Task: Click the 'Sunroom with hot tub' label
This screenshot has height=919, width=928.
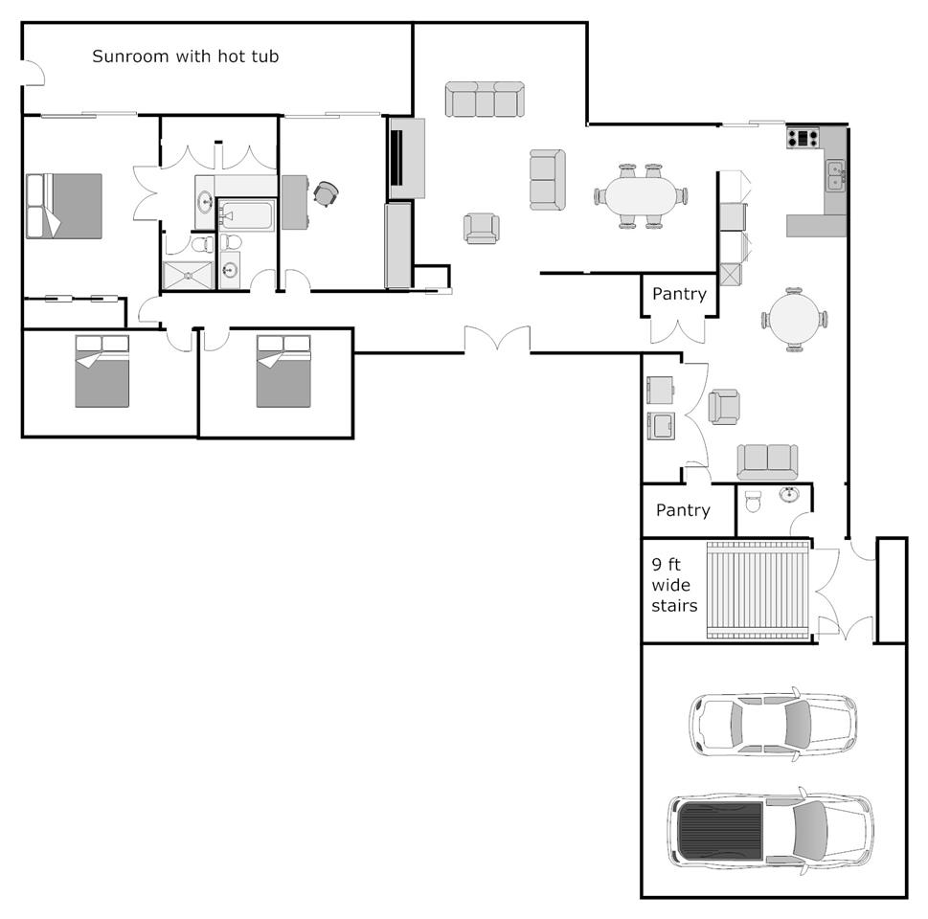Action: coord(185,56)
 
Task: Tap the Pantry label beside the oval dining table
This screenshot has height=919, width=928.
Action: coord(679,294)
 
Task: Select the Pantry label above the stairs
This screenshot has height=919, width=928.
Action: coord(683,510)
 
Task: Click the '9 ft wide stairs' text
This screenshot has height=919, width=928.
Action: coord(674,585)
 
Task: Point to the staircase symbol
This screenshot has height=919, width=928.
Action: coord(758,590)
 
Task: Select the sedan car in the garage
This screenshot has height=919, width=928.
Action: coord(773,724)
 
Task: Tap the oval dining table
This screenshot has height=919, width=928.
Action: coord(641,196)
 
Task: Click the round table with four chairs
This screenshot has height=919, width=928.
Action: coord(794,320)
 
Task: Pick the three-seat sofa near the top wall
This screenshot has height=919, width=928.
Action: coord(485,99)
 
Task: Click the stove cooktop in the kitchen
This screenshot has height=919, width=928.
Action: coord(803,138)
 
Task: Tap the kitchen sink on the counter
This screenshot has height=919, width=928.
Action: coord(835,175)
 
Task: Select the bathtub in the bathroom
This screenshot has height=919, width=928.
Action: coord(247,214)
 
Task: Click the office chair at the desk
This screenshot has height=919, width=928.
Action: coord(326,193)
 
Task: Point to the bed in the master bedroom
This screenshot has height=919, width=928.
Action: coord(64,206)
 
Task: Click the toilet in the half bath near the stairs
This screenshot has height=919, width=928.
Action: coord(753,502)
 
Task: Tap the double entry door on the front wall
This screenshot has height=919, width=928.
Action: coord(497,340)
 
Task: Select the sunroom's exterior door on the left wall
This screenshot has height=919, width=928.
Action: coord(34,73)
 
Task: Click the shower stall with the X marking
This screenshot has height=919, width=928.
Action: coord(188,275)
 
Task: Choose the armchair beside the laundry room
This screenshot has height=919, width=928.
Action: coord(724,407)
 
